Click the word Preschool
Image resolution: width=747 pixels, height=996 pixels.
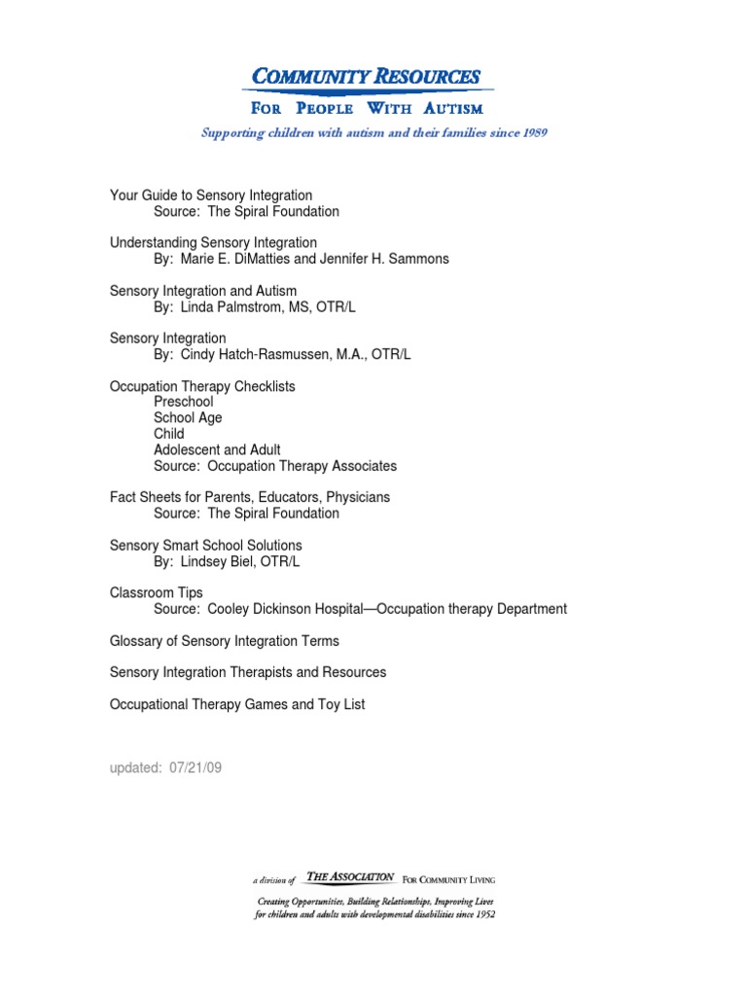pos(183,402)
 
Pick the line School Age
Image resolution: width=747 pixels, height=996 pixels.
pos(188,417)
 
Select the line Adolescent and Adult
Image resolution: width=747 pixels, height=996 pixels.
pos(217,449)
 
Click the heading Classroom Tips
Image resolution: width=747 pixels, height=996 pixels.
pos(157,592)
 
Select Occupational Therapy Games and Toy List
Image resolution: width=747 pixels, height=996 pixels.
pos(237,704)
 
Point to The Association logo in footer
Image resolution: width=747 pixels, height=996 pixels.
pos(349,877)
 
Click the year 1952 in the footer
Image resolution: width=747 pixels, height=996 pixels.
pos(480,915)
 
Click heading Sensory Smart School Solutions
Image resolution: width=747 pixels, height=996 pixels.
pos(205,546)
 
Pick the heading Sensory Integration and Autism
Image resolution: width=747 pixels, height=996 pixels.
pos(202,291)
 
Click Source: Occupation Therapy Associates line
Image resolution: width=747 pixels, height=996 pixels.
pos(275,466)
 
